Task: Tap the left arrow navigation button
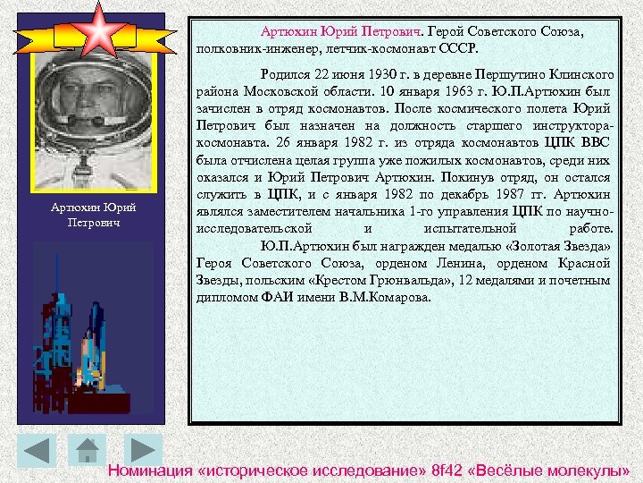click(x=37, y=450)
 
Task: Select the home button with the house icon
click(x=87, y=450)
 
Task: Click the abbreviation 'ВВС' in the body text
click(x=597, y=142)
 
